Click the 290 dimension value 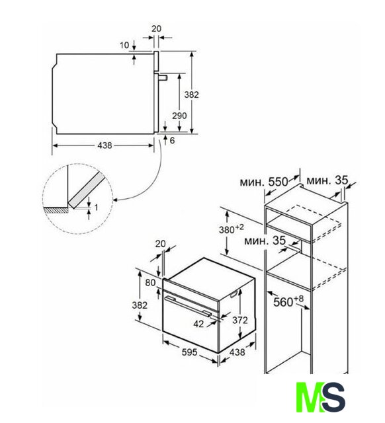[x=179, y=116]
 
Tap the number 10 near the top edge [x=124, y=45]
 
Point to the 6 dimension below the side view [x=172, y=140]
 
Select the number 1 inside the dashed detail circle [x=96, y=208]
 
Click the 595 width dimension [x=190, y=352]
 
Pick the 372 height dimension [x=240, y=320]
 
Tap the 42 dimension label [x=198, y=324]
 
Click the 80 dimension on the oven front [x=150, y=282]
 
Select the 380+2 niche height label [x=231, y=229]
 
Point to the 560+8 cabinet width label [x=288, y=301]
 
